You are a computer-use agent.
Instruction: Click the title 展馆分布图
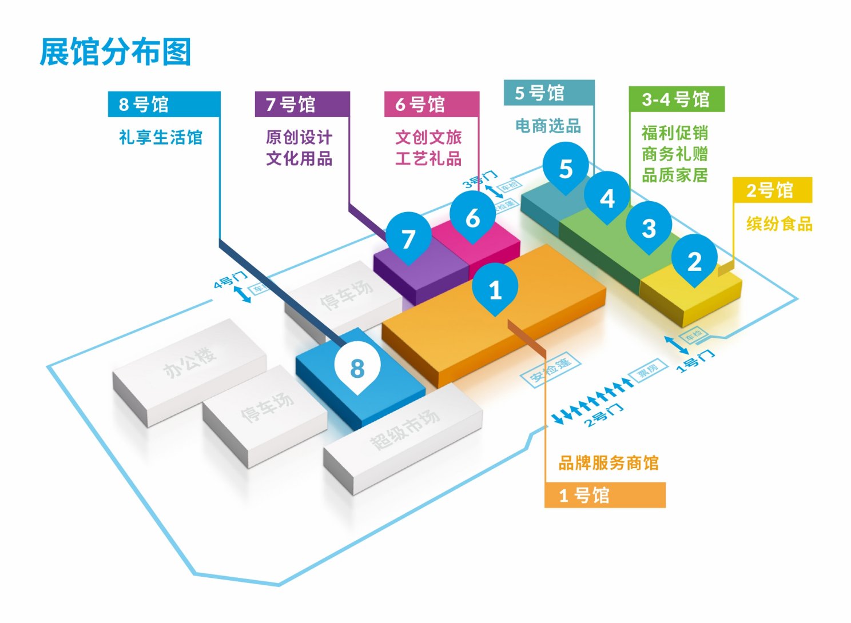tap(115, 52)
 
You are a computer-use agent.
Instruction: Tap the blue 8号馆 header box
tap(164, 105)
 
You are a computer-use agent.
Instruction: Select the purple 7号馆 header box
tap(301, 105)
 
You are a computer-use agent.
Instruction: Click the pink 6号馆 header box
tap(431, 105)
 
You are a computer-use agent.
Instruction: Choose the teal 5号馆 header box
tap(548, 93)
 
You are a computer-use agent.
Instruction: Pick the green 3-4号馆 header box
tap(676, 99)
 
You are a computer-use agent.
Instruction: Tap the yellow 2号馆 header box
tap(772, 190)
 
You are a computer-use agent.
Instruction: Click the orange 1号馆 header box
tap(605, 495)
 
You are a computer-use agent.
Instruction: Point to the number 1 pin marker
tap(495, 289)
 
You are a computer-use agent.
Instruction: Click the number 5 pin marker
tap(566, 167)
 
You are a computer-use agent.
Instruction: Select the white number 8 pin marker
tap(357, 368)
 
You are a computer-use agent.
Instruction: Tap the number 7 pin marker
tap(408, 238)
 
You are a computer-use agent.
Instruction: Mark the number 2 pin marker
tap(694, 261)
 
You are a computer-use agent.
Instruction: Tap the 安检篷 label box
tap(550, 370)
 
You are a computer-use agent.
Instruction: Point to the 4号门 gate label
tap(230, 279)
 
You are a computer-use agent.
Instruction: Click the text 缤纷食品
tap(779, 223)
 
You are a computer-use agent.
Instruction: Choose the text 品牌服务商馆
tap(608, 462)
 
